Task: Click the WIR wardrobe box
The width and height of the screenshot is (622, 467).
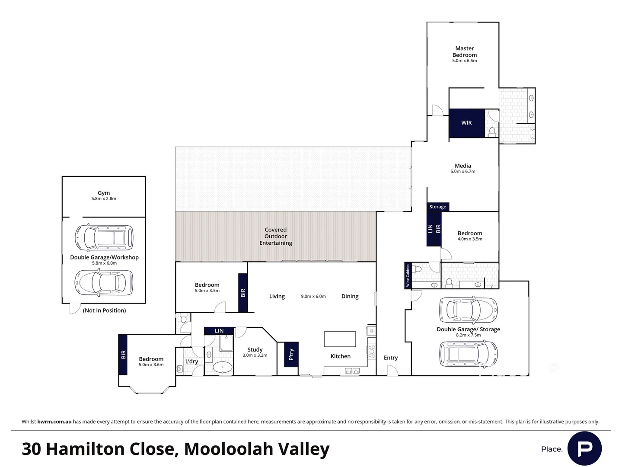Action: click(466, 123)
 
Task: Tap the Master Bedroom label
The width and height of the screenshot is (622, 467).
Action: click(465, 52)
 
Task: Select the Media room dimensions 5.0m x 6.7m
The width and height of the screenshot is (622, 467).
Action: click(463, 172)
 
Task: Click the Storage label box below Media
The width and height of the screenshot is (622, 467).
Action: click(438, 207)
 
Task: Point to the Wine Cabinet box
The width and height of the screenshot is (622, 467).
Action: click(408, 275)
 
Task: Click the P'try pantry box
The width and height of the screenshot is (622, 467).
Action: click(291, 355)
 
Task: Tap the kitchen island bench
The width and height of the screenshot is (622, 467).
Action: click(340, 339)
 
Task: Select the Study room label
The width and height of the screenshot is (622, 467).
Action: click(255, 349)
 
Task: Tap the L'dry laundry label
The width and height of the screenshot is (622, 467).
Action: click(191, 361)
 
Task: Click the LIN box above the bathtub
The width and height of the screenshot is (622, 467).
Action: click(219, 331)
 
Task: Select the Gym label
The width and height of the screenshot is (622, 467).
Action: click(104, 193)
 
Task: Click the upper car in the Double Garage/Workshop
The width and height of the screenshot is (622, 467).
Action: click(103, 237)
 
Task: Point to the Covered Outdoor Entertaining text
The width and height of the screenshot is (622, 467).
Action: click(276, 236)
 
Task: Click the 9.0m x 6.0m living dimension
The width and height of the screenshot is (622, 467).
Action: click(313, 297)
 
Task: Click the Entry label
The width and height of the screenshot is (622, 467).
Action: click(391, 358)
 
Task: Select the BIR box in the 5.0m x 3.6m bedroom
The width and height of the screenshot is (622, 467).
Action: click(123, 355)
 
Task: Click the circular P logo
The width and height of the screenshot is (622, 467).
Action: click(584, 448)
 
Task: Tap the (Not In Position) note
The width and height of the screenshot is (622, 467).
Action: click(105, 310)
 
